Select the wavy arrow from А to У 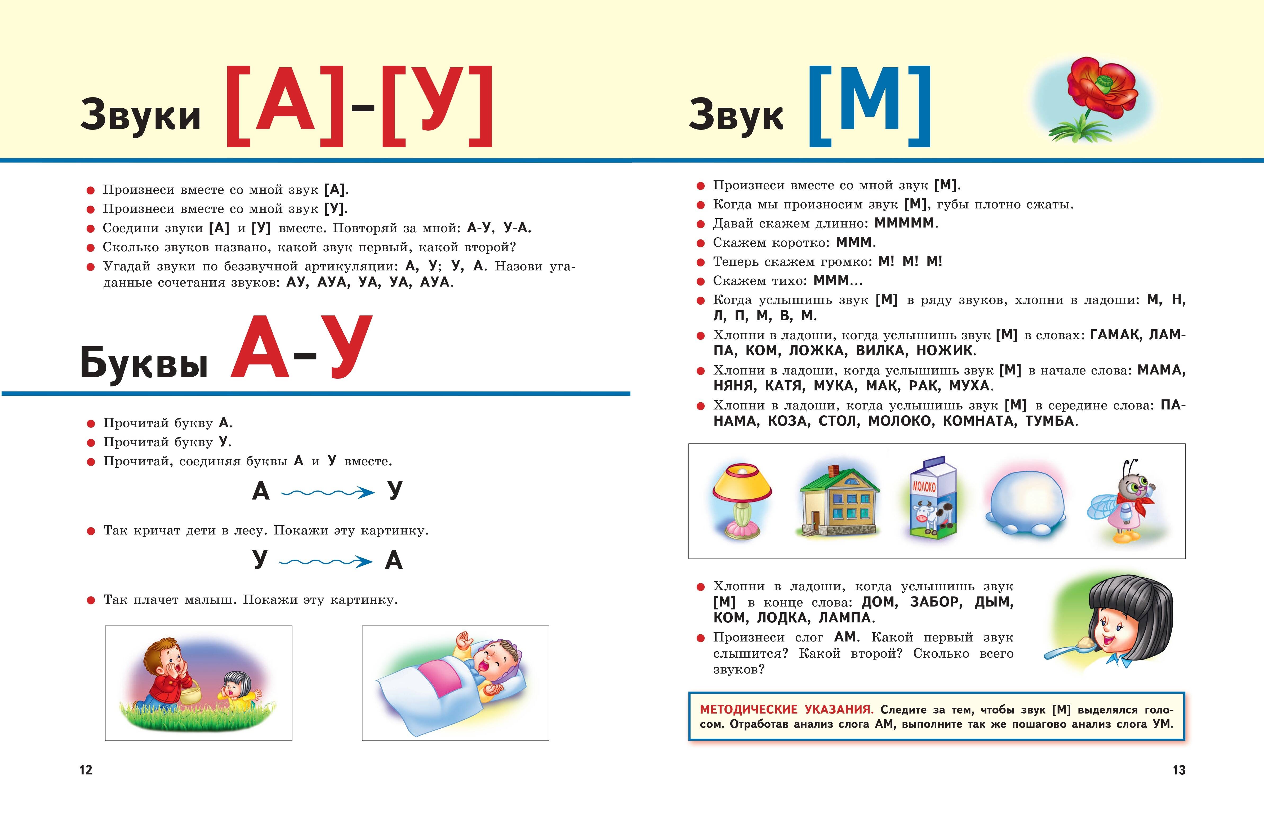click(x=328, y=493)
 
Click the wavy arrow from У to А click(x=326, y=561)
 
